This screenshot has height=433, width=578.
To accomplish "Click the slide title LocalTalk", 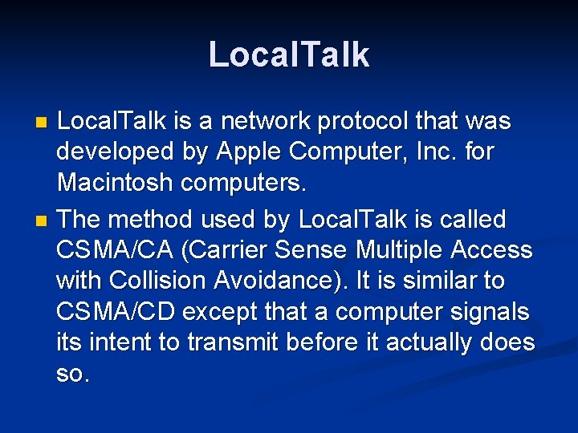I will pyautogui.click(x=289, y=55).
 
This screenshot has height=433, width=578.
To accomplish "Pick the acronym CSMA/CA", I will pyautogui.click(x=116, y=250).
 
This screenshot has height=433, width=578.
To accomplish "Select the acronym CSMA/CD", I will pyautogui.click(x=116, y=312).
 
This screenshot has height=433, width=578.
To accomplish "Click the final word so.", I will pyautogui.click(x=72, y=374).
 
